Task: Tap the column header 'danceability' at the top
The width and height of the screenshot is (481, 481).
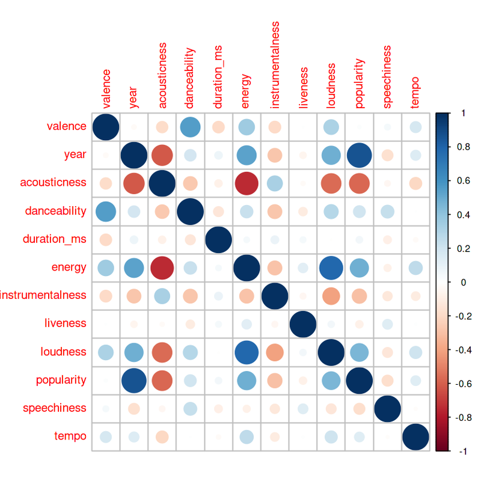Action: point(190,79)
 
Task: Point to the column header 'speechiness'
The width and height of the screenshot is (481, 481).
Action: point(388,76)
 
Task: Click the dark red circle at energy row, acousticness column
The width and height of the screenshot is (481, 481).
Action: point(162,268)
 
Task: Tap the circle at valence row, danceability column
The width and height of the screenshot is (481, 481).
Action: point(190,127)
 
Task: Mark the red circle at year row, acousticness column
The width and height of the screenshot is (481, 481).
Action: point(162,155)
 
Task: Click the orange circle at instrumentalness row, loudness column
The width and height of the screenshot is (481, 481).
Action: point(331,296)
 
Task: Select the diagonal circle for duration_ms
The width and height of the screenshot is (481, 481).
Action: point(218,239)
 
